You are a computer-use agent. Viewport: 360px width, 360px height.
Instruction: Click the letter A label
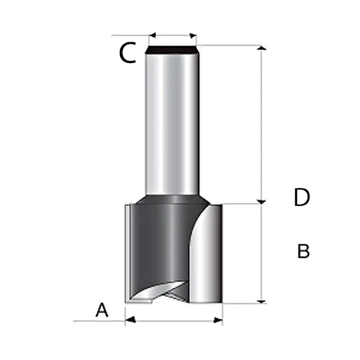tap(103, 310)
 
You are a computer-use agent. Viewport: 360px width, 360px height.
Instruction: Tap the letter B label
tap(303, 251)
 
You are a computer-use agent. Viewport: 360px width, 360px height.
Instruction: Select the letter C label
tap(127, 54)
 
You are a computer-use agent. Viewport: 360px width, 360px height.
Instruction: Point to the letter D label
tap(301, 197)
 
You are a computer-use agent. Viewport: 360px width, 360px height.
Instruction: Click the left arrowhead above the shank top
tap(152, 36)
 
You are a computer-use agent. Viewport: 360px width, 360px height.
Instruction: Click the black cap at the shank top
tap(172, 49)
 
